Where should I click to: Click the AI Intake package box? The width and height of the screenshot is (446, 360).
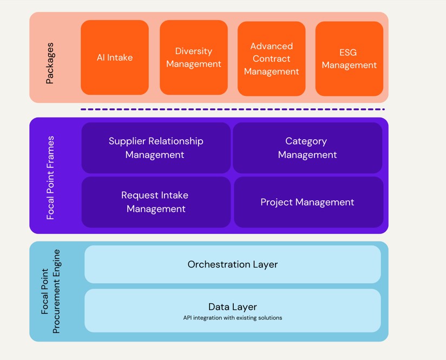(115, 57)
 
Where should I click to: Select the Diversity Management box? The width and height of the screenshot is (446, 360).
(193, 57)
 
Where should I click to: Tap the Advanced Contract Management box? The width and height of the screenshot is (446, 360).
(271, 58)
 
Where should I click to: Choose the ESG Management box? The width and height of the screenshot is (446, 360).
(349, 58)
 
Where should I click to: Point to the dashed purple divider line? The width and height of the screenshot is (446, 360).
(233, 109)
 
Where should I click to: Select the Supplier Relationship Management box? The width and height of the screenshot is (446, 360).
(156, 148)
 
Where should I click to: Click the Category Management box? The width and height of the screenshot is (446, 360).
(307, 148)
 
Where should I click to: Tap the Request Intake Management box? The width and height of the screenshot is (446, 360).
(156, 202)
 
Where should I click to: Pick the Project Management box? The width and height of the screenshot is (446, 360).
(307, 202)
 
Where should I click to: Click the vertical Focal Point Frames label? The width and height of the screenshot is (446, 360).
(50, 178)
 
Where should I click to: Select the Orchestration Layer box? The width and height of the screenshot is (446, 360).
(233, 264)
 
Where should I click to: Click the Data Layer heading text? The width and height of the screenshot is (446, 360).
(233, 307)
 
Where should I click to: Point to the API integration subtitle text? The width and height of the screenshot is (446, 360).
(233, 318)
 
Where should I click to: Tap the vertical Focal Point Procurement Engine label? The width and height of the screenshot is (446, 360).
(51, 291)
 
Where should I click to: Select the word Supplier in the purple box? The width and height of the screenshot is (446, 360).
(128, 141)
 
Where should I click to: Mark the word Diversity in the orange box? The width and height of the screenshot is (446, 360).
(193, 51)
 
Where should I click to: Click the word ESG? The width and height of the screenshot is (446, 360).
(349, 53)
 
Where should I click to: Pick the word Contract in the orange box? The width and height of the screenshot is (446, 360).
(271, 58)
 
